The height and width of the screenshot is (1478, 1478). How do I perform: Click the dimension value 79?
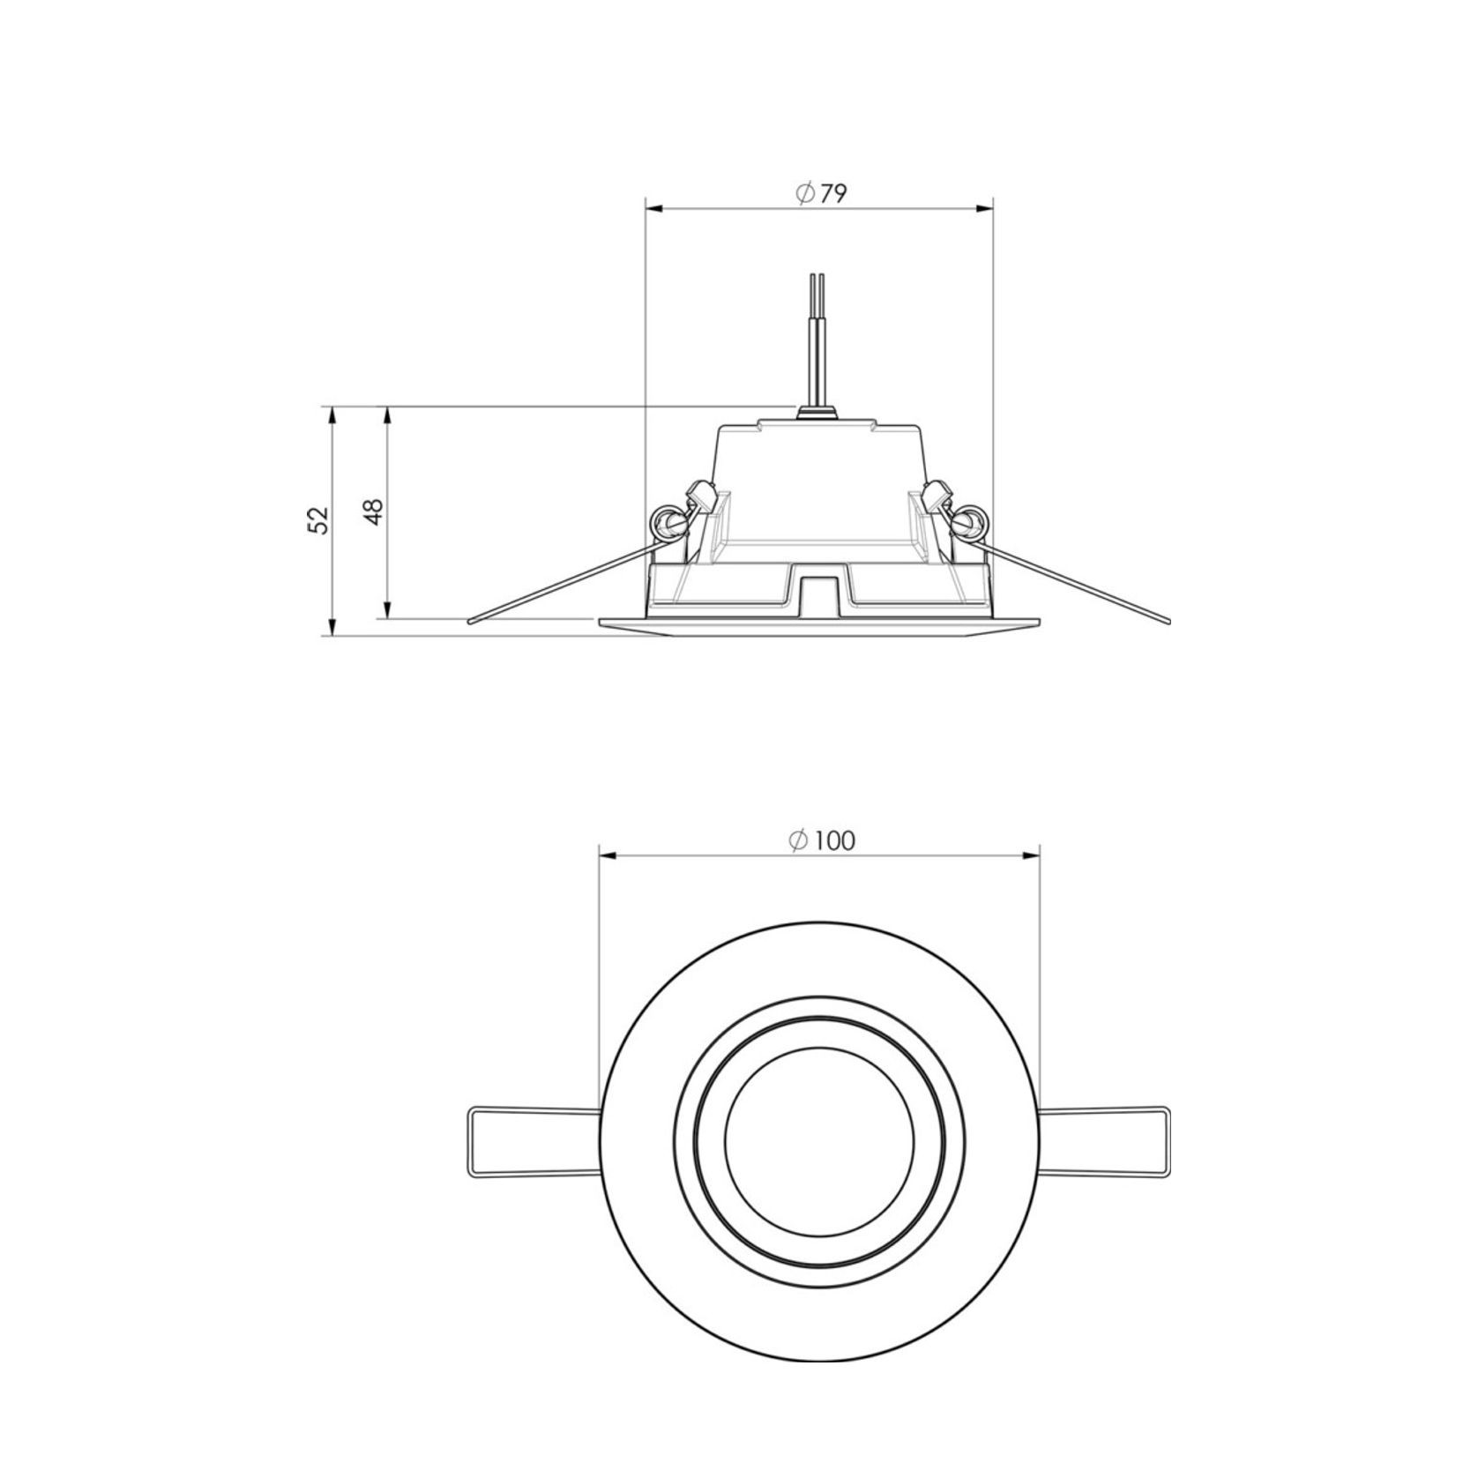[833, 194]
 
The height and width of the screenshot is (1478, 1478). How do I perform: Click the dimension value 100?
[833, 840]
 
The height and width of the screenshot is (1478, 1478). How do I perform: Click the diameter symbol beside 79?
[804, 194]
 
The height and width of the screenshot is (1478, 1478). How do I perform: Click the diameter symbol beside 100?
[798, 840]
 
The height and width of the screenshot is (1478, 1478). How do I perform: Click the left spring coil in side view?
[668, 524]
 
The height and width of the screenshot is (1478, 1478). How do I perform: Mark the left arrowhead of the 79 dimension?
[653, 209]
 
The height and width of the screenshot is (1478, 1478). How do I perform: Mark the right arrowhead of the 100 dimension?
[1032, 855]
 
